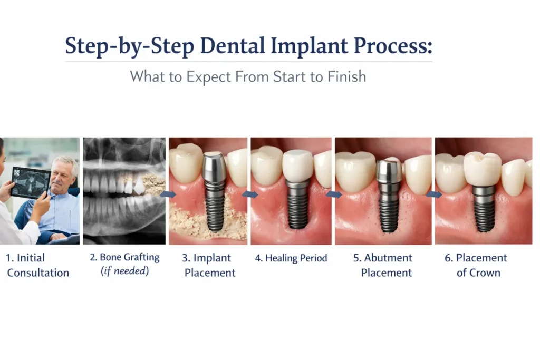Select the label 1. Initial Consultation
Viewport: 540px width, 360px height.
[38, 265]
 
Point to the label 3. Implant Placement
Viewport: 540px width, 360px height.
[209, 265]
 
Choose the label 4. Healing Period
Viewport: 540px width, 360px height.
[291, 258]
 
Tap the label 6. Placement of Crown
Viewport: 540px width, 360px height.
[478, 265]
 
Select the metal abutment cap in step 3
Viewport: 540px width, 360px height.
[215, 168]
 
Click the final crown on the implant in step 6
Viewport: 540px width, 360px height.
[481, 168]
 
